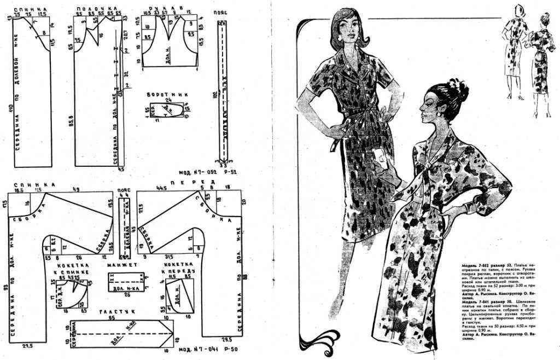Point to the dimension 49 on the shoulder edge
[x=75, y=190]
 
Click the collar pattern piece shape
[x=166, y=109]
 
